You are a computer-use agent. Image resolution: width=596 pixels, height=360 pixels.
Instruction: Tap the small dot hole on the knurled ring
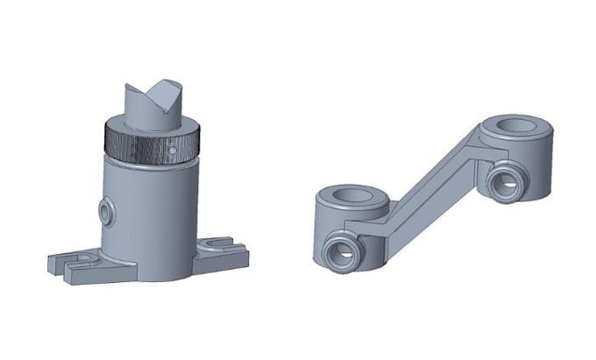[x=174, y=152]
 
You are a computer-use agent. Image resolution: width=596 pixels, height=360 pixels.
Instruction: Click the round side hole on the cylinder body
[x=108, y=212]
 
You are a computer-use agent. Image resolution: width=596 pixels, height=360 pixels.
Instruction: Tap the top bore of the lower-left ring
[x=350, y=195]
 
